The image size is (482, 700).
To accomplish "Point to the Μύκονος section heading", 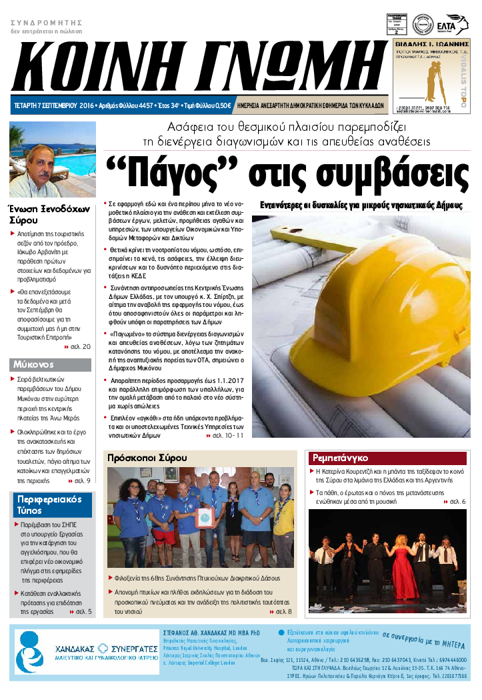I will (x=33, y=365).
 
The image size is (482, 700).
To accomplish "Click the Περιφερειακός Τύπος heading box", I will (x=50, y=505).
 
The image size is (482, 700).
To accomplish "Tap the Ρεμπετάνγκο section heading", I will (x=341, y=458).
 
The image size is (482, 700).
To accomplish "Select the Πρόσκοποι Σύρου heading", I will (x=147, y=458).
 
